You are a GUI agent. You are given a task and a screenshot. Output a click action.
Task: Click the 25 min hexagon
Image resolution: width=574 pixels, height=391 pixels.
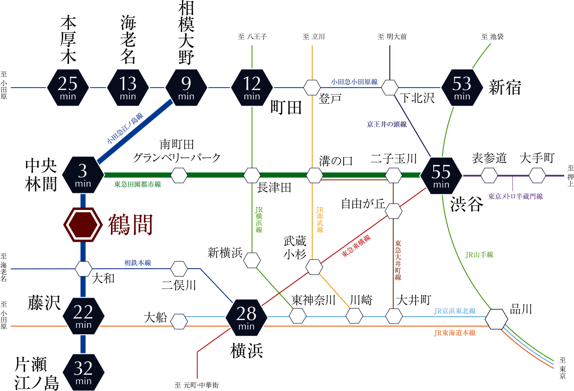68,88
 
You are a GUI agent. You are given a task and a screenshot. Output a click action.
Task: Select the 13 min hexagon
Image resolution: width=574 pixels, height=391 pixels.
128,88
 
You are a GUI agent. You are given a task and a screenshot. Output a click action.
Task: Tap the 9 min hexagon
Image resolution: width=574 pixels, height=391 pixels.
186,88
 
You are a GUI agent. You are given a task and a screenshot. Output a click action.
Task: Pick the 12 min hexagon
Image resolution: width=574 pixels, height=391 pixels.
252,88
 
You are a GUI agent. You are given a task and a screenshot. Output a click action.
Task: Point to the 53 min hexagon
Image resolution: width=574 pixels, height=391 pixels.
462,88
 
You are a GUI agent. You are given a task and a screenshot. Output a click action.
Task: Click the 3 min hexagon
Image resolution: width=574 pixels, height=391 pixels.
83,175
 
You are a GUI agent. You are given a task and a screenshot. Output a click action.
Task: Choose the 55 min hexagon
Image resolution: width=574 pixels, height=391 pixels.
441,175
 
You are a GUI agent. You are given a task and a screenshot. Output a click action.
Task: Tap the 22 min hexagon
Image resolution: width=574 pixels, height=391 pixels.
83,316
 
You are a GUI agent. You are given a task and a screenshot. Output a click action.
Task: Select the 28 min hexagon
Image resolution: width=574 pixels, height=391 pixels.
246,317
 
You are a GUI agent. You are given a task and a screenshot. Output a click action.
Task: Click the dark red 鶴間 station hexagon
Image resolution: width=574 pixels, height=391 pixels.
83,225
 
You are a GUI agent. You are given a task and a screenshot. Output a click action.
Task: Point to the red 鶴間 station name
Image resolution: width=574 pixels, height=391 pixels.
131,225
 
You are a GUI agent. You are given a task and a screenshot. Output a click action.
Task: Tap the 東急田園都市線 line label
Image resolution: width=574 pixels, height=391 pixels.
137,184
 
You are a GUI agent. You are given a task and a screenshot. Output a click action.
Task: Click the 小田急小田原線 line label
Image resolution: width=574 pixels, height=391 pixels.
354,82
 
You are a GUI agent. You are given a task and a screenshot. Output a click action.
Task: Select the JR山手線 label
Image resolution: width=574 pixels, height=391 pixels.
479,254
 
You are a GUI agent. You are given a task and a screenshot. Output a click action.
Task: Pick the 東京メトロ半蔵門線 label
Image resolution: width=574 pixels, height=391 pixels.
515,196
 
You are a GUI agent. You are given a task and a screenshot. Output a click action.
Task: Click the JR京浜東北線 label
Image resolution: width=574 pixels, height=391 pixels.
455,311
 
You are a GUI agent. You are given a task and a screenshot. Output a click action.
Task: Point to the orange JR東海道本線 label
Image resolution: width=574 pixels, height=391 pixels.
455,333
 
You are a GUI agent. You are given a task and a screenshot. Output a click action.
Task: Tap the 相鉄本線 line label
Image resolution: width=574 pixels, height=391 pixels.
138,263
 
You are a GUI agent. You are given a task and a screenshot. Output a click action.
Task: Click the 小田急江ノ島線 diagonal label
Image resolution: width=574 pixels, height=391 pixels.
125,129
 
